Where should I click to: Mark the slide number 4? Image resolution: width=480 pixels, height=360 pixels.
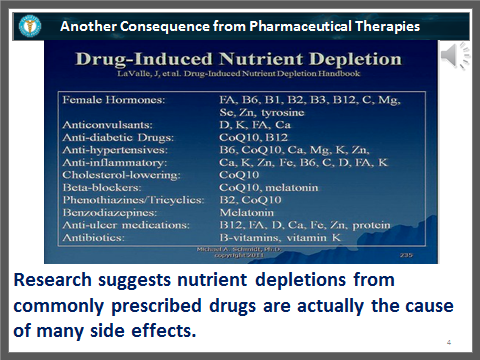(449, 343)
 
